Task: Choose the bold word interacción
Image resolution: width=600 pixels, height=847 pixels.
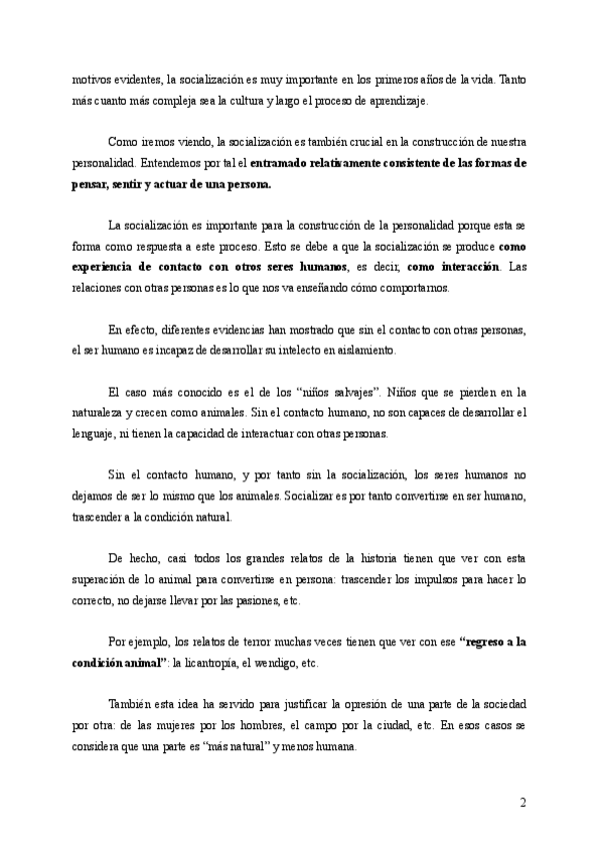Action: [x=471, y=268]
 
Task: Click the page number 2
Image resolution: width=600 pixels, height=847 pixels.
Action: [x=523, y=802]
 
